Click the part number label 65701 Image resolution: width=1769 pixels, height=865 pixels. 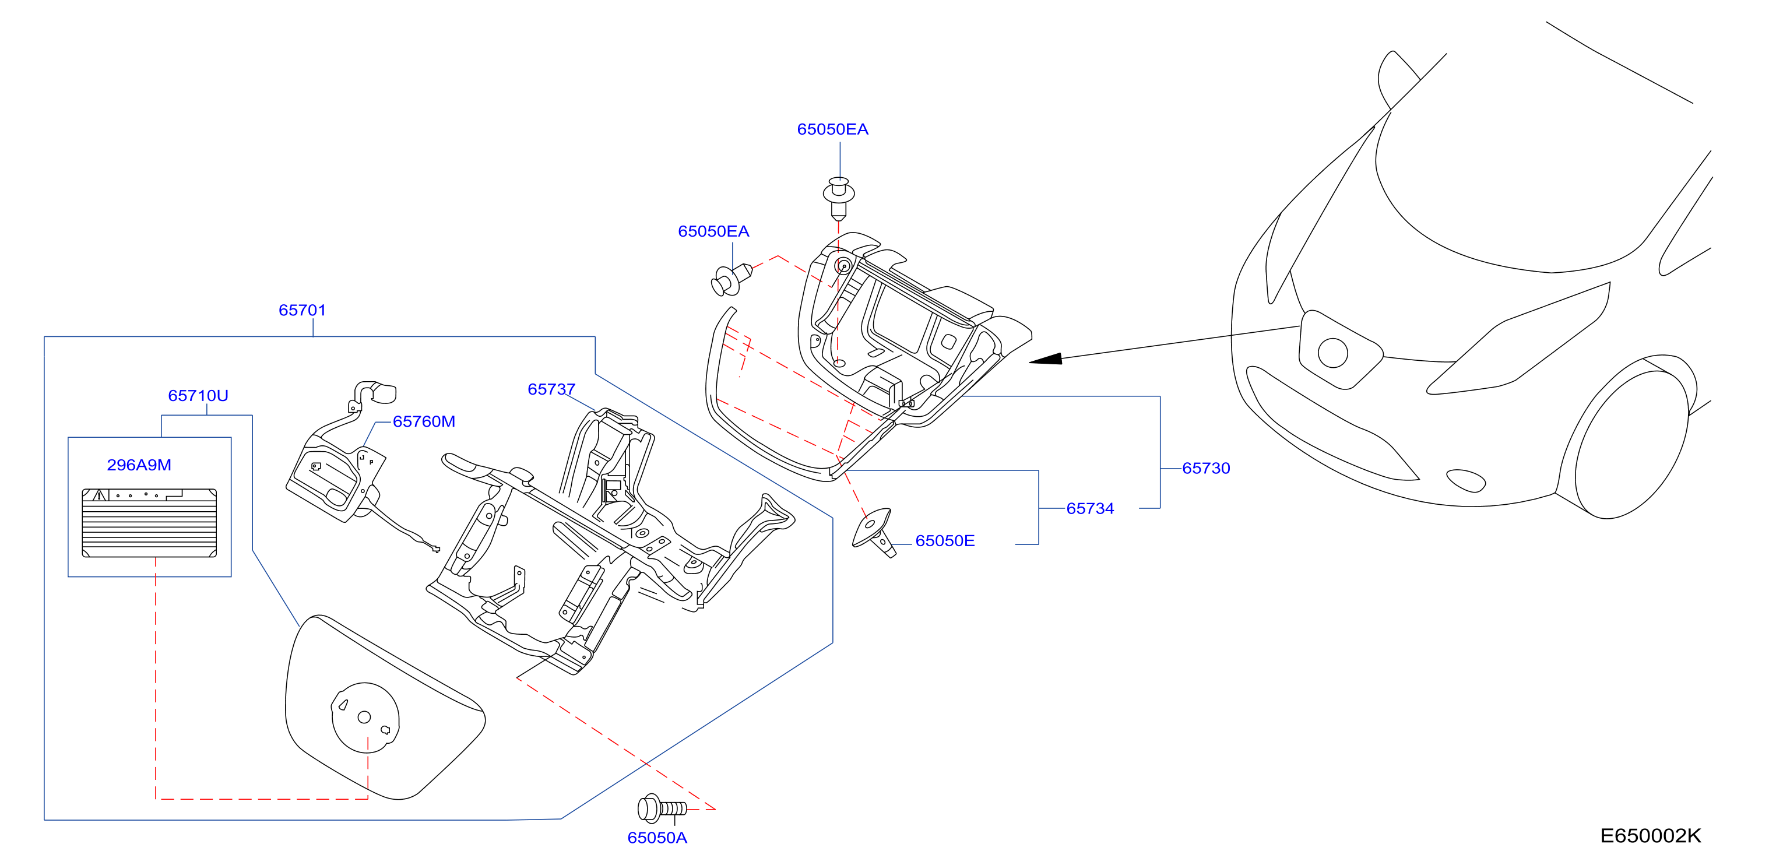pyautogui.click(x=302, y=310)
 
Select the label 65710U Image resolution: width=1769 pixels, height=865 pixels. pyautogui.click(x=198, y=396)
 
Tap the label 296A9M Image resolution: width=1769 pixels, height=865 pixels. pyautogui.click(x=139, y=466)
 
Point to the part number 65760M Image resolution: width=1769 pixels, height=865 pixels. pyautogui.click(x=424, y=422)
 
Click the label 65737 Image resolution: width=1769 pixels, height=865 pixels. pyautogui.click(x=551, y=389)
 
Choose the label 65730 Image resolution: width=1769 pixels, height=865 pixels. pyautogui.click(x=1206, y=468)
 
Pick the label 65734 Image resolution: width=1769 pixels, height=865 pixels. pyautogui.click(x=1090, y=509)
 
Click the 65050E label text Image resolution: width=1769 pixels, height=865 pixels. pyautogui.click(x=945, y=541)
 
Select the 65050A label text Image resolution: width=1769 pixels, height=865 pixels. pyautogui.click(x=657, y=838)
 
